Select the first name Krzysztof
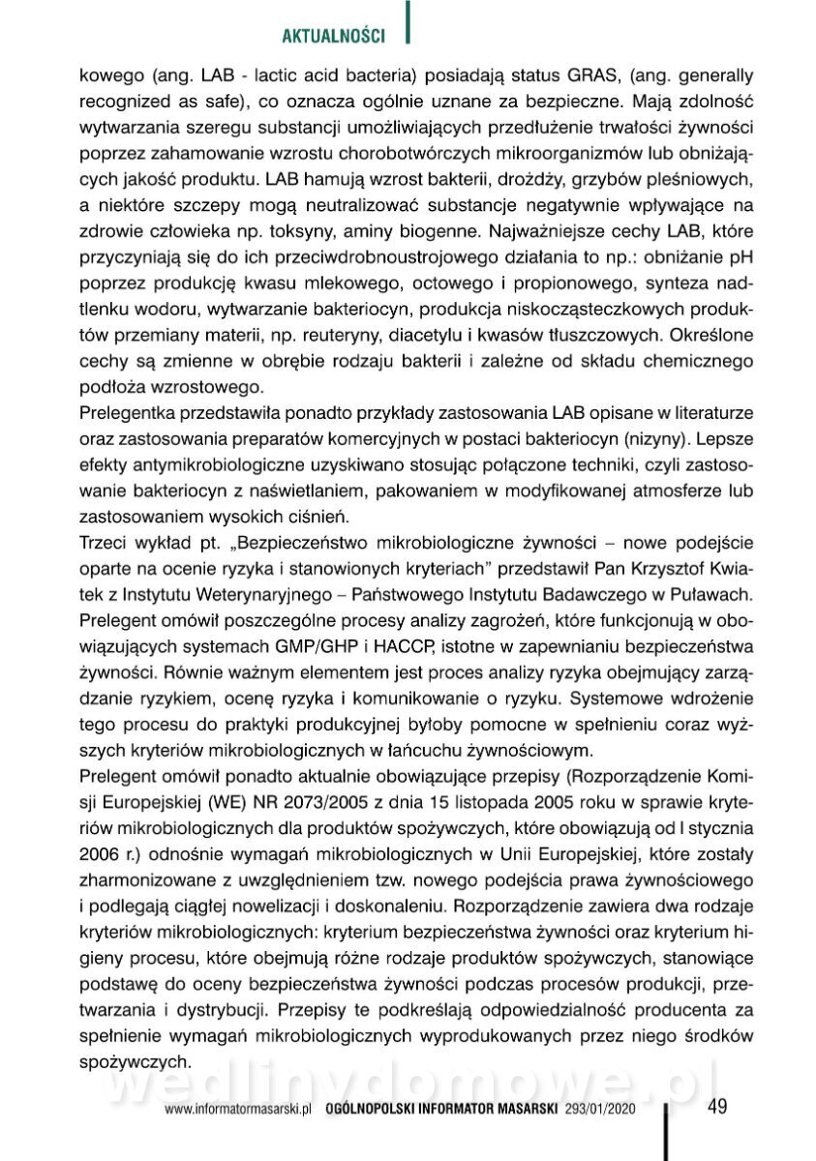pyautogui.click(x=653, y=565)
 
